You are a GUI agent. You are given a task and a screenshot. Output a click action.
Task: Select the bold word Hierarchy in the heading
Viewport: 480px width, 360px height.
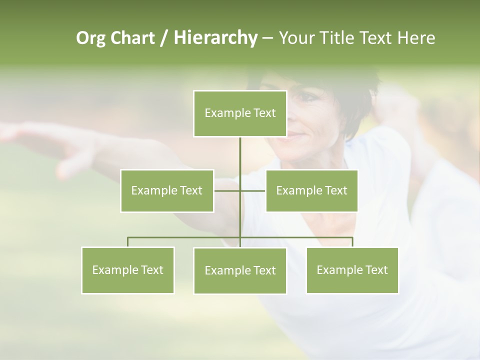215,38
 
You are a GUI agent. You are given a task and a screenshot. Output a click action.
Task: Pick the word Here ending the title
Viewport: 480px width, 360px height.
416,38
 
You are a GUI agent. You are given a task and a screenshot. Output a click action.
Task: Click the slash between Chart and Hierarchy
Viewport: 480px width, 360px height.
164,38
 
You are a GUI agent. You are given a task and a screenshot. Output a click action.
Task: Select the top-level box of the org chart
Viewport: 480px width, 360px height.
240,113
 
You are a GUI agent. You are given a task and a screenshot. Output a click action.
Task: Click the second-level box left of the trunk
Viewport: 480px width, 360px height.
167,190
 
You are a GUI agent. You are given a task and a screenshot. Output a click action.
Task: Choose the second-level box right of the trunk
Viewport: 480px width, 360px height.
311,190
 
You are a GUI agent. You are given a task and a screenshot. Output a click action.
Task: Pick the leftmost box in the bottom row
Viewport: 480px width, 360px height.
127,270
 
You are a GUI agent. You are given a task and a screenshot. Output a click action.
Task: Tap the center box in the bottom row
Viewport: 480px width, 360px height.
240,270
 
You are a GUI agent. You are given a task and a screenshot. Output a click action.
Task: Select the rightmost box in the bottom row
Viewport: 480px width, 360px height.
352,270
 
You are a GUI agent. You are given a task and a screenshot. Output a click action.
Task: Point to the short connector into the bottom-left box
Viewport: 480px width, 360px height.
128,242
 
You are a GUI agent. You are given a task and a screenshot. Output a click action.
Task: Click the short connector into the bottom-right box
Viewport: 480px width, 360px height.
352,242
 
